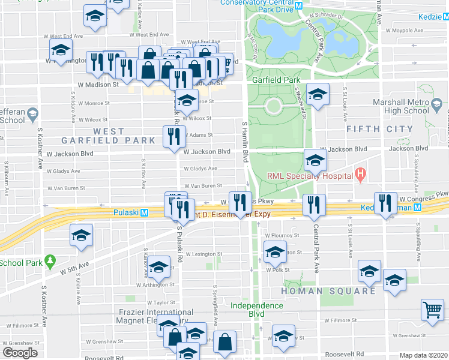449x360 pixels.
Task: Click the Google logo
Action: [19, 352]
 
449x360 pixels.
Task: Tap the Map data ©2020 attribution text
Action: [424, 355]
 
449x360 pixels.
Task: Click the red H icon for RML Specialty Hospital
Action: [360, 176]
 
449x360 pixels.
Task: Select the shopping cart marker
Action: [432, 310]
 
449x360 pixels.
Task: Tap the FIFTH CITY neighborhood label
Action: [379, 129]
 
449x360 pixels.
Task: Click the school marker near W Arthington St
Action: [159, 267]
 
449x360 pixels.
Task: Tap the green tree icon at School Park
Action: [51, 261]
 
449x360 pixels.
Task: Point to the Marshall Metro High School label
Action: [400, 106]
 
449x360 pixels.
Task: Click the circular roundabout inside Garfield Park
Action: [274, 107]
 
